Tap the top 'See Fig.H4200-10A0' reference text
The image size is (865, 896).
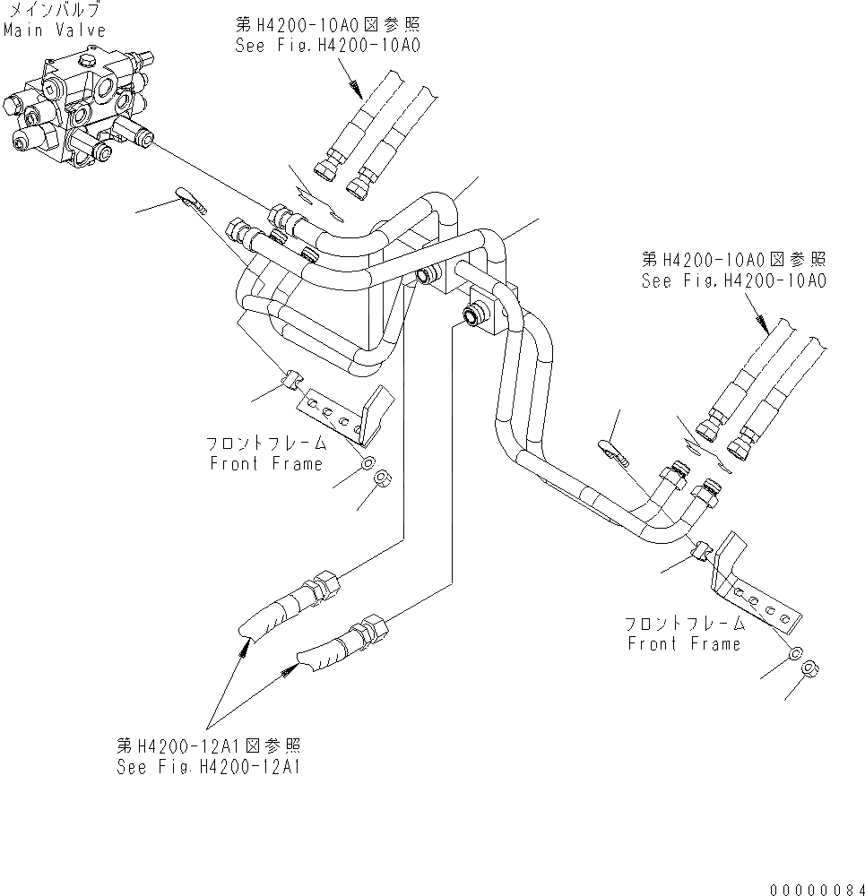(x=328, y=45)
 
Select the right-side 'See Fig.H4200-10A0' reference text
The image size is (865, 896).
(x=733, y=280)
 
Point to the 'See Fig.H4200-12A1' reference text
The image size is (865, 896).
(x=208, y=768)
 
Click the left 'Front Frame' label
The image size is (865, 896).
(x=265, y=463)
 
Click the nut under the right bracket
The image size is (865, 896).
(x=809, y=668)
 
